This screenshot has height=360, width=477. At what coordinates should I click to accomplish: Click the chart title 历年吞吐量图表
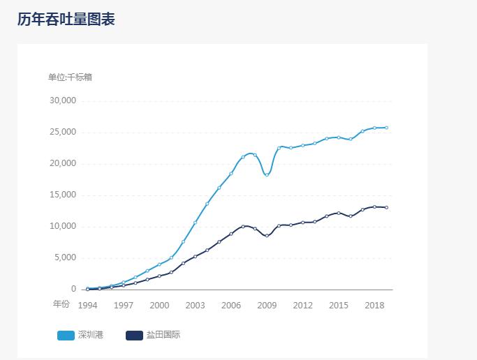(x=66, y=20)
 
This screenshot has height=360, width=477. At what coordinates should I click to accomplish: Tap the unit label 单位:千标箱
(x=70, y=77)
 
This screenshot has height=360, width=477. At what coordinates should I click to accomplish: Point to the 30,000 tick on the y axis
(x=62, y=100)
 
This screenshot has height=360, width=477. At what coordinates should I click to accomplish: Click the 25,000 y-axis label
(x=62, y=132)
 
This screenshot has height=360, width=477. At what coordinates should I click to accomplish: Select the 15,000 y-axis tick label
(x=62, y=195)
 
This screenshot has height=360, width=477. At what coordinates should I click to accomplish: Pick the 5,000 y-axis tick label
(x=64, y=257)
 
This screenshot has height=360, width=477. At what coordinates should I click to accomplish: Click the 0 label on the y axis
(x=73, y=289)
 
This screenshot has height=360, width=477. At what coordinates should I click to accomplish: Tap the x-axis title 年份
(x=61, y=303)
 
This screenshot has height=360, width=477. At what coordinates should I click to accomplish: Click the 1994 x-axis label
(x=87, y=306)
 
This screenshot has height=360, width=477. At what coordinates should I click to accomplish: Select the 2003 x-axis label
(x=195, y=306)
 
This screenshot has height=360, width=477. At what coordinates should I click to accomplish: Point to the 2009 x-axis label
(x=267, y=306)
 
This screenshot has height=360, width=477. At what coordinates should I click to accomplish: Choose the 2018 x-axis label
(x=374, y=306)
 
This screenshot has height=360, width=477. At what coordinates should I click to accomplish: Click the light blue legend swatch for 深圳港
(x=66, y=336)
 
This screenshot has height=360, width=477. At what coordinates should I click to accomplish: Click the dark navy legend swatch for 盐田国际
(x=134, y=336)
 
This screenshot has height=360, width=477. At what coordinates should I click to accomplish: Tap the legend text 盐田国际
(x=163, y=335)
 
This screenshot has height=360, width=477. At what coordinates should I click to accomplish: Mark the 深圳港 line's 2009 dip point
(x=267, y=174)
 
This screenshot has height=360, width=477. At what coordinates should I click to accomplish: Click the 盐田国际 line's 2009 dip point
(x=267, y=236)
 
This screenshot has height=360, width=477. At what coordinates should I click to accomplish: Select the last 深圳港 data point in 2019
(x=386, y=128)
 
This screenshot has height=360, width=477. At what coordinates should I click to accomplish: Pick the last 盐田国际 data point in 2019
(x=386, y=207)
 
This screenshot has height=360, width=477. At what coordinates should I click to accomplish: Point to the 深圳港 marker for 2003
(x=195, y=223)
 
